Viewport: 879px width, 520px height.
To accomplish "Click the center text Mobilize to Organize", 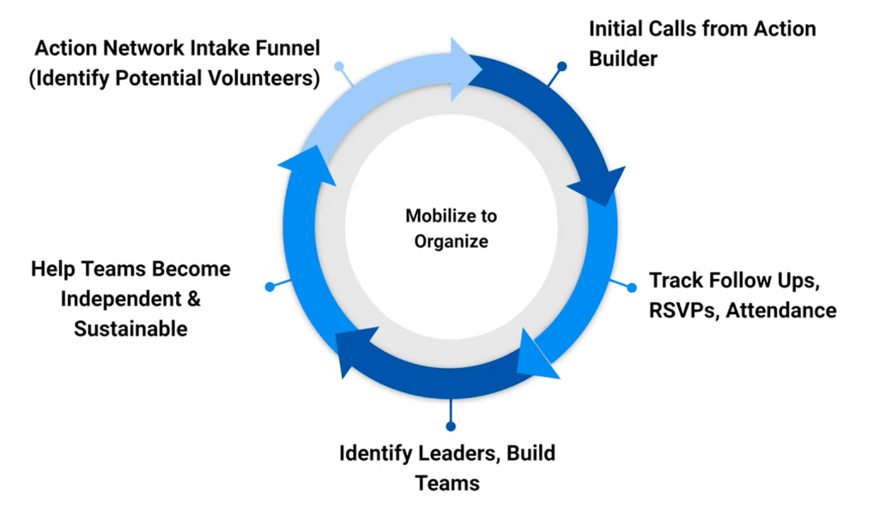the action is pos(451,228).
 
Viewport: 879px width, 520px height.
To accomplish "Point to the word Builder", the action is pos(623,59).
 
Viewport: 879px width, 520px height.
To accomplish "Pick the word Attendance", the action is pos(781,311).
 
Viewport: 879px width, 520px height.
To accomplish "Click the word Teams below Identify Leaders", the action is pos(447,483).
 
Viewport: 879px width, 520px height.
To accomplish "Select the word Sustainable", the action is pos(130,329).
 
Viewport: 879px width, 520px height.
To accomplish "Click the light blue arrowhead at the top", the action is pos(466,70).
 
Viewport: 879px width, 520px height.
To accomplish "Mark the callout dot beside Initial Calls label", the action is pos(561,66).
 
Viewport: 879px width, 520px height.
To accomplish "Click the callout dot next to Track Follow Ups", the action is pos(632,287).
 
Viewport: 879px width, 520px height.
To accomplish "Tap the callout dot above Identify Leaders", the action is pos(451,426).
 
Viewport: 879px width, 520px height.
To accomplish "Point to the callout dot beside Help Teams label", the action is pos(270,287).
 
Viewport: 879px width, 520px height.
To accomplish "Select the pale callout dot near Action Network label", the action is pos(339,66).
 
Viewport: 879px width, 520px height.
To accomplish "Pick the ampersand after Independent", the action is pos(193,299).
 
